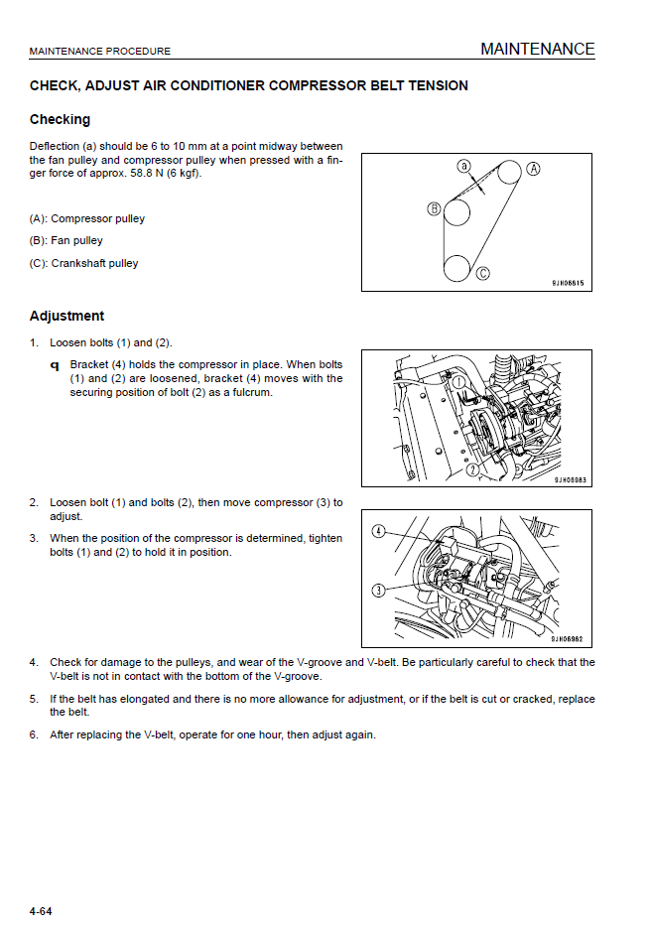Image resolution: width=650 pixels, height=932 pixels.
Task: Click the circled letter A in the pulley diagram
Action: coord(533,169)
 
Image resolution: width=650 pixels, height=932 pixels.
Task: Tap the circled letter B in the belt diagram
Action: coord(434,208)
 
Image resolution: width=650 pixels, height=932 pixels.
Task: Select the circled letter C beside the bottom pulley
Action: coord(483,273)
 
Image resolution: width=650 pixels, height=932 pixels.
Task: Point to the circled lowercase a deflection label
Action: coord(463,166)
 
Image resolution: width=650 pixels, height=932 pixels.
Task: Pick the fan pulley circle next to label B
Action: coord(456,211)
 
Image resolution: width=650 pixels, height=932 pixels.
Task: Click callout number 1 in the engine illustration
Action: coord(459,380)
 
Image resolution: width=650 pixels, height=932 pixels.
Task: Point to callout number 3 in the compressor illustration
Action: coord(378,591)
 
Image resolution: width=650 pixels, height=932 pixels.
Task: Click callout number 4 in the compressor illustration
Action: coord(378,532)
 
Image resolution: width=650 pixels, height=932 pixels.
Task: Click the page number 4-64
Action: coord(41,911)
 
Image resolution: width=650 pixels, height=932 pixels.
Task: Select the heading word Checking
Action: coord(60,120)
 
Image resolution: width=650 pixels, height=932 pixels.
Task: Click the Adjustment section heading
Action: coord(66,317)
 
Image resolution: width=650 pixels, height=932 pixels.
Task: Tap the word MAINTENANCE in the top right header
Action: coord(537,49)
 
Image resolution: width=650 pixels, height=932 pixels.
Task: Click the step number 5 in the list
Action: coord(34,699)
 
